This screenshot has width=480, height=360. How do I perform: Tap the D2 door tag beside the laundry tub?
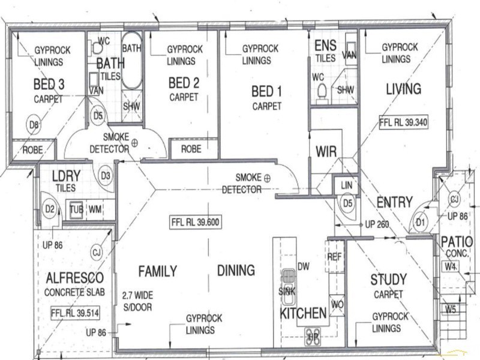pos(50,209)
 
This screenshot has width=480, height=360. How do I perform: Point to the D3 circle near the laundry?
pos(105,176)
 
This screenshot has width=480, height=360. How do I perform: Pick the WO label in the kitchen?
pos(337,304)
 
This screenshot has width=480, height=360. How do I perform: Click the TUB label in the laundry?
pos(76,209)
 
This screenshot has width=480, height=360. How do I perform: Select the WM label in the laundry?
pos(95,209)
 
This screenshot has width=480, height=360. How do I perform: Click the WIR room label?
pos(326,151)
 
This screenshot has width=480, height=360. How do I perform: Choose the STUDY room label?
pos(388,280)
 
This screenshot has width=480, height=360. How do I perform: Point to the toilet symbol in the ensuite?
pos(322,91)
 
